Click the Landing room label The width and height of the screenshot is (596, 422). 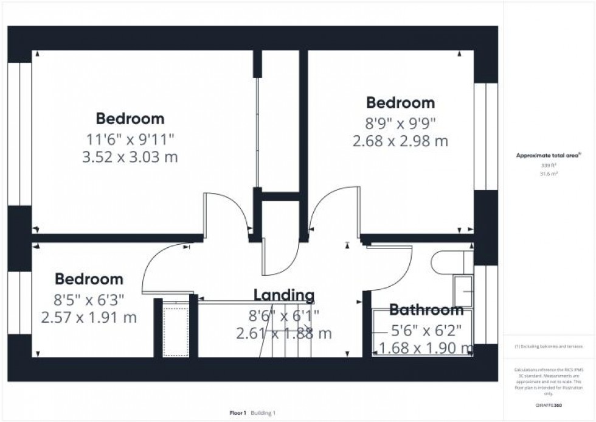click(284, 296)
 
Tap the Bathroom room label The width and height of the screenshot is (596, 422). click(426, 310)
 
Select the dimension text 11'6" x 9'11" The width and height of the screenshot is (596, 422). click(130, 138)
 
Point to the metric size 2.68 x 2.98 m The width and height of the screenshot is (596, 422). click(400, 141)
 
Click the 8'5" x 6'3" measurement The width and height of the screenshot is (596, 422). click(89, 299)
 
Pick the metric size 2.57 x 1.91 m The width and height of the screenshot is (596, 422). click(89, 317)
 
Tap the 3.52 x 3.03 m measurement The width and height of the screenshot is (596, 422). click(130, 157)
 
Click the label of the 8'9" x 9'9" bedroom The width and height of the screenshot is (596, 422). click(400, 102)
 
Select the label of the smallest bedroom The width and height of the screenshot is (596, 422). click(89, 280)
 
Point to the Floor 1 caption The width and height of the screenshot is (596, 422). click(238, 412)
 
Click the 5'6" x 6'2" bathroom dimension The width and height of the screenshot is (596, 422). click(426, 329)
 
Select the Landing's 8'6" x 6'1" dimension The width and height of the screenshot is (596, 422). click(284, 315)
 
